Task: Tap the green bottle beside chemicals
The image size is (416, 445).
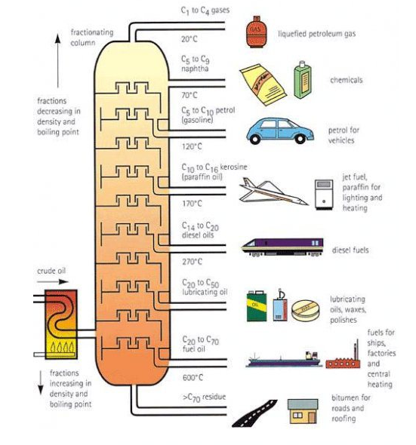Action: (301, 78)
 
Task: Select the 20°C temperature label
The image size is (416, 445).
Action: (192, 38)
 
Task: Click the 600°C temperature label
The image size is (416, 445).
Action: (193, 378)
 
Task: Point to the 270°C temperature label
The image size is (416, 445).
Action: (193, 262)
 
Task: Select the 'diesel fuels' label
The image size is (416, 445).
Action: (353, 250)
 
